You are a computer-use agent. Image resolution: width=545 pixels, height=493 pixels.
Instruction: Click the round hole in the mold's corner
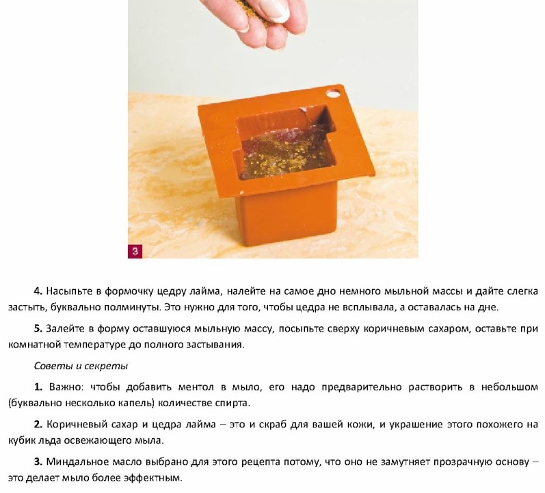pyautogui.click(x=333, y=93)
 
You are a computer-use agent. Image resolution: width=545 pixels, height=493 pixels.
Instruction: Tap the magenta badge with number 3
pyautogui.click(x=135, y=252)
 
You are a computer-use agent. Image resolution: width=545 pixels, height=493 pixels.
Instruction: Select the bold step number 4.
pyautogui.click(x=38, y=291)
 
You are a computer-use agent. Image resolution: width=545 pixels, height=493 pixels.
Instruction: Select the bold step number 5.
pyautogui.click(x=38, y=328)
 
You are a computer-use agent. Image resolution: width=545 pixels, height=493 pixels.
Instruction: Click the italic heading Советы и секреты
pyautogui.click(x=81, y=366)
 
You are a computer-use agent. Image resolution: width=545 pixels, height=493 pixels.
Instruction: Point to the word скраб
pyautogui.click(x=271, y=425)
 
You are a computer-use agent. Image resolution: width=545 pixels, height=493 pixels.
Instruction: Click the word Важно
pyautogui.click(x=66, y=387)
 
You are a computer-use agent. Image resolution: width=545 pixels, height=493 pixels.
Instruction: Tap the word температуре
pyautogui.click(x=94, y=345)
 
